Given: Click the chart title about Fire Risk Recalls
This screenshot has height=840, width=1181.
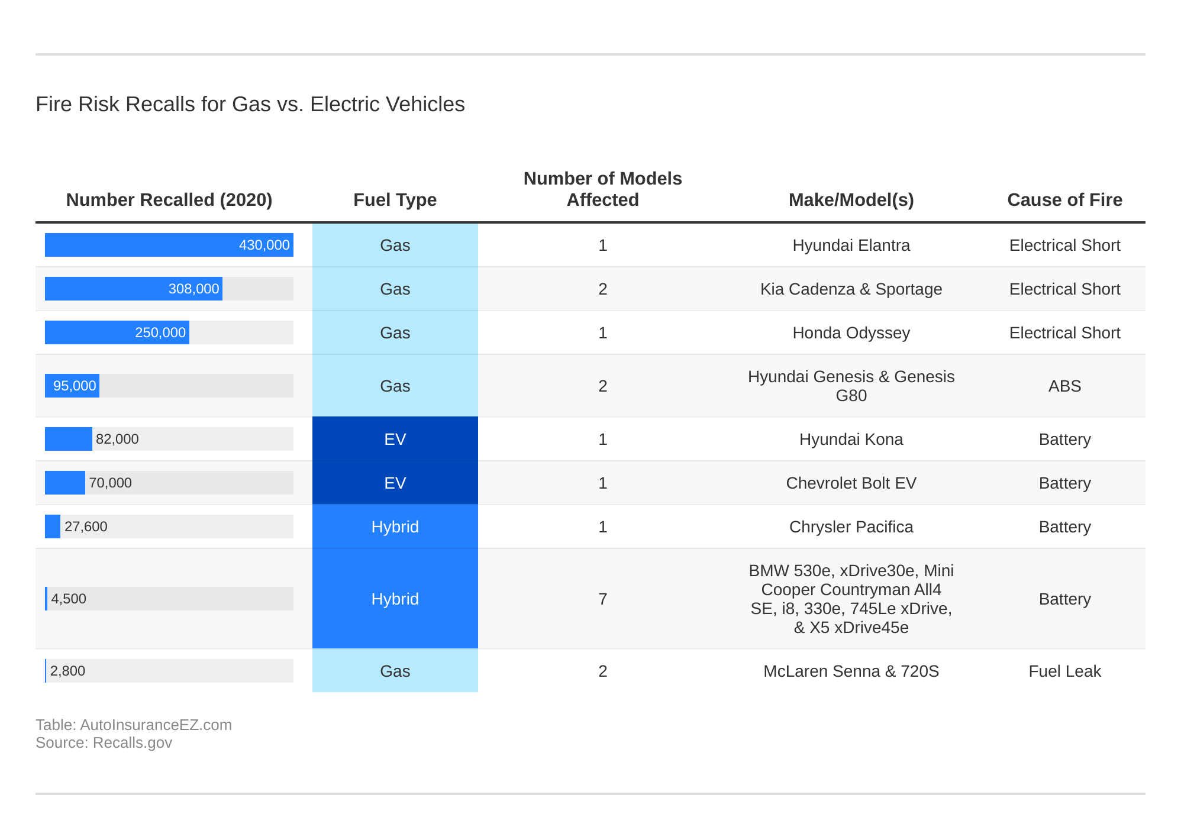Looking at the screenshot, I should point(250,104).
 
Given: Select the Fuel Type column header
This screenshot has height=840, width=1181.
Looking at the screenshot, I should point(395,200).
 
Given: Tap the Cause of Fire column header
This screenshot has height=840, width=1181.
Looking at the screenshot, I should point(1064,200).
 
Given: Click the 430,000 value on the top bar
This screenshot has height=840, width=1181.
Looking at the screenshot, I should point(264,245).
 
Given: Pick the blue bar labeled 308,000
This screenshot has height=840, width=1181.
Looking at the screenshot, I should point(133,289).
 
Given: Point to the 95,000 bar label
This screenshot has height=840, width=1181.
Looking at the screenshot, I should point(75,386).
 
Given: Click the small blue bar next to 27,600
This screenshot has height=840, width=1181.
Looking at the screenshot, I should point(53,526).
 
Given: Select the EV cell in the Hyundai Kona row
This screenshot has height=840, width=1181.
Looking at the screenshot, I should point(395,439).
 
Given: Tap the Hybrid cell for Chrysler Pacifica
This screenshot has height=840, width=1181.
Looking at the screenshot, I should point(395,526).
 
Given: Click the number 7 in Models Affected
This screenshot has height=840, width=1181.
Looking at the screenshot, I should point(602,599).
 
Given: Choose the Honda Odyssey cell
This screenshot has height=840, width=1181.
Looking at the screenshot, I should point(851,332).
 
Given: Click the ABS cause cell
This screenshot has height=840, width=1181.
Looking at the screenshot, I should point(1064,386).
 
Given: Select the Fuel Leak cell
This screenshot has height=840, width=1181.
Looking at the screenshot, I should point(1064,671).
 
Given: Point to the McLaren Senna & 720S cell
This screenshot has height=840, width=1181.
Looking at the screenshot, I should point(851,671).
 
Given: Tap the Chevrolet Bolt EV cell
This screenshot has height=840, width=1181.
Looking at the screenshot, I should point(851,483).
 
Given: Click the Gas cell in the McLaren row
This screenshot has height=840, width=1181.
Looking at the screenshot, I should point(395,671).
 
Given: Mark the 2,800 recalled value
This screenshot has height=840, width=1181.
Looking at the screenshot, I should point(67,671).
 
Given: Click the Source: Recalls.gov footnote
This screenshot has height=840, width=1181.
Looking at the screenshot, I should point(104,743).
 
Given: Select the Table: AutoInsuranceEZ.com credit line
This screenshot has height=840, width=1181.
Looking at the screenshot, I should point(133,725).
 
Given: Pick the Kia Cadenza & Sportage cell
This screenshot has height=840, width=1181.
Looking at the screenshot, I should point(851,289).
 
